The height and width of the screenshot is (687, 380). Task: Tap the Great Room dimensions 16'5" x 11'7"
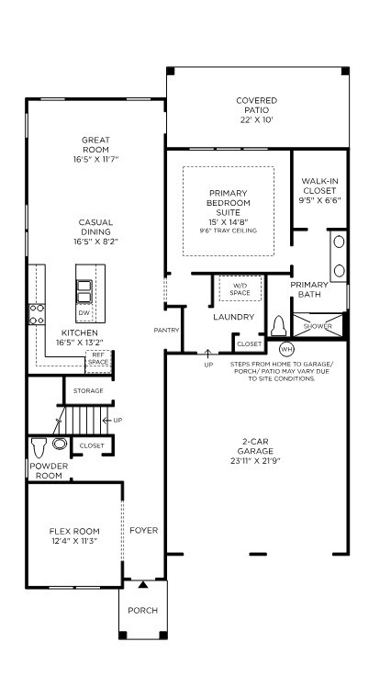tap(95, 160)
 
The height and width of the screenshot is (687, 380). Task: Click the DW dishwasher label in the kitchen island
tap(84, 313)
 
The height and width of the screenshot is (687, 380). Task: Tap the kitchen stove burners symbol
tap(37, 314)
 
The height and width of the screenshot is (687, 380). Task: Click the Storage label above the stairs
tap(88, 390)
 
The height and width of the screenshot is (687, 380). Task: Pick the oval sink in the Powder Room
tap(60, 445)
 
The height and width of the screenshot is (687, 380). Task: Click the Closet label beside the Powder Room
tap(92, 445)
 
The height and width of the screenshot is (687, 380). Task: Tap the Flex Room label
tap(73, 531)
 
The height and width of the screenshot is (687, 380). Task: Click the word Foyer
tap(142, 531)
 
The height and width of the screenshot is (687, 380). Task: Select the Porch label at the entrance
tap(142, 611)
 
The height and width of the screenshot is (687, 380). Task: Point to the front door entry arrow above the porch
tap(142, 584)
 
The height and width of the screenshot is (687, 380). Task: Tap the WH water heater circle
tap(285, 349)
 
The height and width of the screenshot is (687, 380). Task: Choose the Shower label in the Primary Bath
tap(319, 325)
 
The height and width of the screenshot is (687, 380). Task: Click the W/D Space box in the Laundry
tap(240, 288)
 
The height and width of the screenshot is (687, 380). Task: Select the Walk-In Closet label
tap(319, 188)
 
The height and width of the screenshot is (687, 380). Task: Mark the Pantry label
tap(166, 329)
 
